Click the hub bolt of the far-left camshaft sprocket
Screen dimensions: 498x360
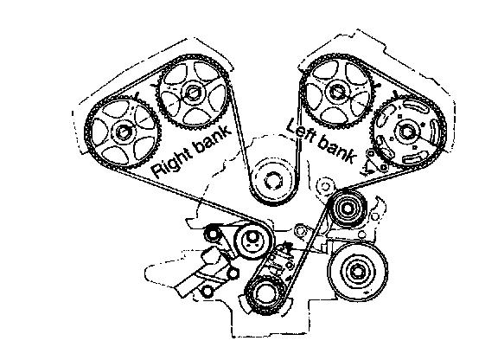click(122, 132)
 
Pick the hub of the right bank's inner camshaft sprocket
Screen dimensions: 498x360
click(192, 93)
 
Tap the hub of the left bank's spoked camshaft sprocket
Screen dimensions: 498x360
click(336, 91)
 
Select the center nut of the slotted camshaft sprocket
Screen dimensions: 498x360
click(406, 131)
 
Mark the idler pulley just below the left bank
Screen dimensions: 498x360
click(348, 209)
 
